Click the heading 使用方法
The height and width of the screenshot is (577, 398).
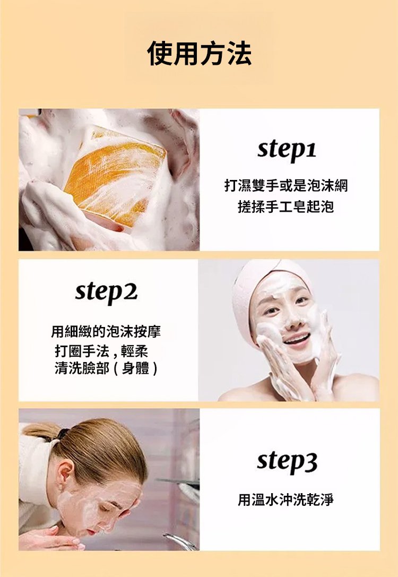point(200,54)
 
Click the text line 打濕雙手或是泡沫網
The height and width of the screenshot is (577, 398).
point(286,185)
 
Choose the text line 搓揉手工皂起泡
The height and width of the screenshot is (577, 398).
point(286,207)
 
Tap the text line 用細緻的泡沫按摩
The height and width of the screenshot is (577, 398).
point(106,332)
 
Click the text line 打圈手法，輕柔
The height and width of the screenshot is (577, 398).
point(101,351)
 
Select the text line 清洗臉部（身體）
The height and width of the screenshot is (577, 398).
point(106,368)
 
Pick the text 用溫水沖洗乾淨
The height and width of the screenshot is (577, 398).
point(286,500)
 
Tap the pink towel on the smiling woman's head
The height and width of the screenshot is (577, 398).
point(257,291)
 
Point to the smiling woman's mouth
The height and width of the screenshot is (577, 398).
point(297,339)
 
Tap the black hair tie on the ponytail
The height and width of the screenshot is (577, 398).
point(63,434)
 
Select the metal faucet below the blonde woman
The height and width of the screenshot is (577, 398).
point(180,541)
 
